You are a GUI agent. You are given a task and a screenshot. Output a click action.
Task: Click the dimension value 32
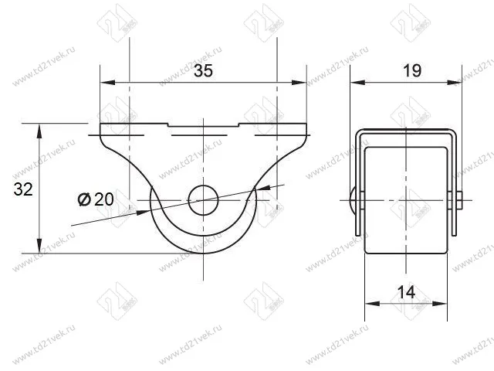(x=23, y=189)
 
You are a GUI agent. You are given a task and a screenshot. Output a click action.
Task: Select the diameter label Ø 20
(x=96, y=199)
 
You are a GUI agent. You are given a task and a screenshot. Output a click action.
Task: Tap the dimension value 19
(x=411, y=71)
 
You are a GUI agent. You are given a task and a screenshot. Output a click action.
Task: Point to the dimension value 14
(x=407, y=292)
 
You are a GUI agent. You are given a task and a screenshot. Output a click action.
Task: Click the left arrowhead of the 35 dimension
(x=107, y=82)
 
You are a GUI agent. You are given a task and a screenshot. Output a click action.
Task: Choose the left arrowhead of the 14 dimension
(x=370, y=304)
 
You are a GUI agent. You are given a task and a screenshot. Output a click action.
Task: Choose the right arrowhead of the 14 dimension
(x=445, y=304)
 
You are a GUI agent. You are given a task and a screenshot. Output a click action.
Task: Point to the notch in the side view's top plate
(x=204, y=126)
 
